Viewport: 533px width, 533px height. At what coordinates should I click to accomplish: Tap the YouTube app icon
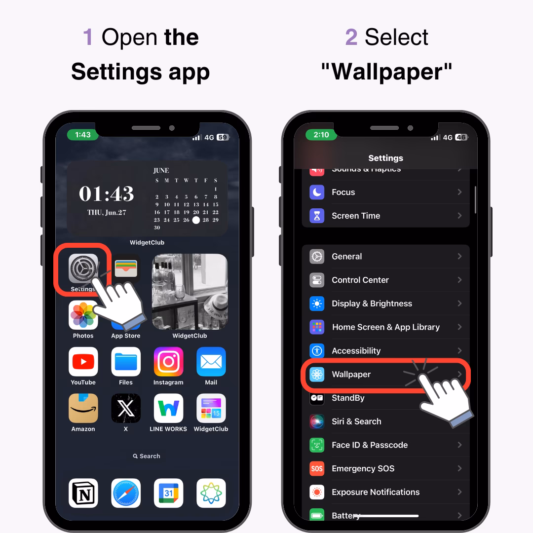point(83,362)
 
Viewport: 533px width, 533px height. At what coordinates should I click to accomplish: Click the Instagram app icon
point(168,362)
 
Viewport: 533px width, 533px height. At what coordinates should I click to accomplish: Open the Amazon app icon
point(83,408)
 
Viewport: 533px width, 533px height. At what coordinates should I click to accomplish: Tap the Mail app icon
point(211,362)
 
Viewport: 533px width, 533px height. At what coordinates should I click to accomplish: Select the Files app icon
point(126,362)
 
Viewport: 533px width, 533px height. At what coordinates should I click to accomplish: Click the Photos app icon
point(83,315)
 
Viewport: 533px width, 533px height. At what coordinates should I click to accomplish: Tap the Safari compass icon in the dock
point(126,493)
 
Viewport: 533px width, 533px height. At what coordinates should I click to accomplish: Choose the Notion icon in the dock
point(83,493)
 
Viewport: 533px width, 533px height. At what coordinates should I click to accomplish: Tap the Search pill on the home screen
point(147,456)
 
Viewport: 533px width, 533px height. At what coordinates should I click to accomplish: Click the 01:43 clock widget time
point(107,193)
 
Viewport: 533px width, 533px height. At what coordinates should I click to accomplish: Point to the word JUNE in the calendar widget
point(161,170)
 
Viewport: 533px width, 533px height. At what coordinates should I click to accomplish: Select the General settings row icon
point(317,257)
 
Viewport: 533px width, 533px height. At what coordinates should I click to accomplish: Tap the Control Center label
point(360,280)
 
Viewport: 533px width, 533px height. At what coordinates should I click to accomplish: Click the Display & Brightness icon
point(317,304)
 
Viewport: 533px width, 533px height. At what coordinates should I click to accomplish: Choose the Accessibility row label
point(356,351)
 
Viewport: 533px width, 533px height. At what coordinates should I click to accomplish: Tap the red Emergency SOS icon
point(317,468)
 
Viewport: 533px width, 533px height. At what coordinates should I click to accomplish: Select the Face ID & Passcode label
point(369,445)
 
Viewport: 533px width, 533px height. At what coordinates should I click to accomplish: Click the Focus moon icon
point(317,192)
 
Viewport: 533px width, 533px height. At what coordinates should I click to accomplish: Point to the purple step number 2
point(351,38)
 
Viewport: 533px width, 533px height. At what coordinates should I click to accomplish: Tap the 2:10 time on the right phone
point(321,135)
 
